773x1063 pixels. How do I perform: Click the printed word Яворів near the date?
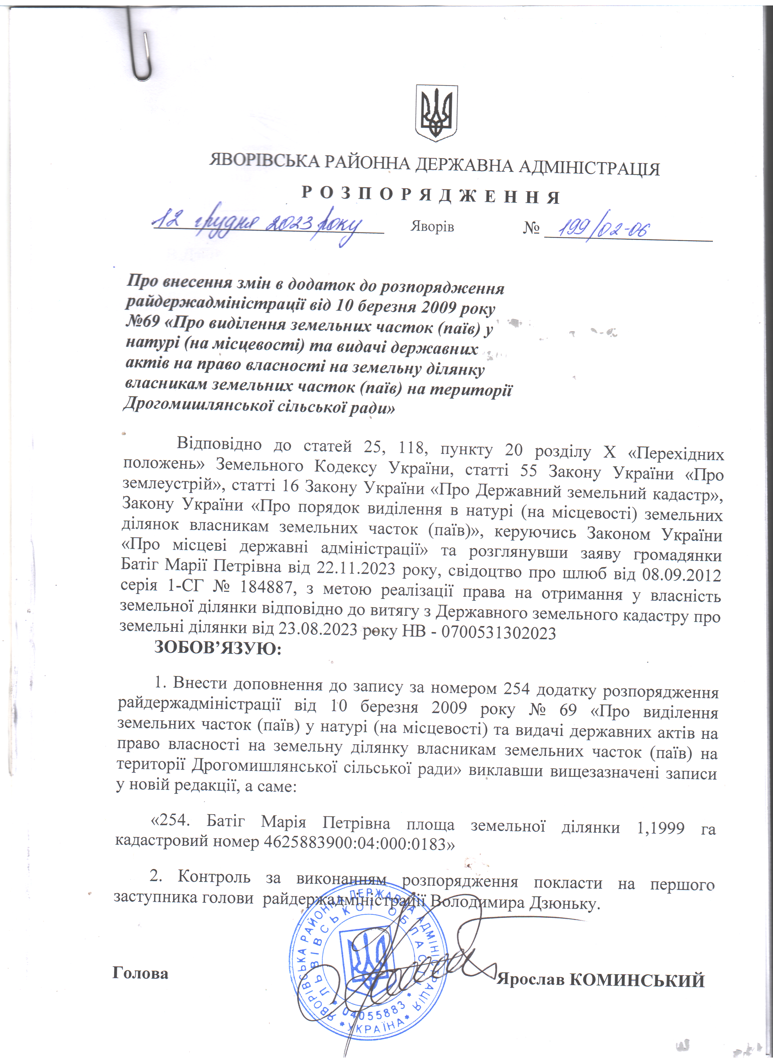click(432, 227)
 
